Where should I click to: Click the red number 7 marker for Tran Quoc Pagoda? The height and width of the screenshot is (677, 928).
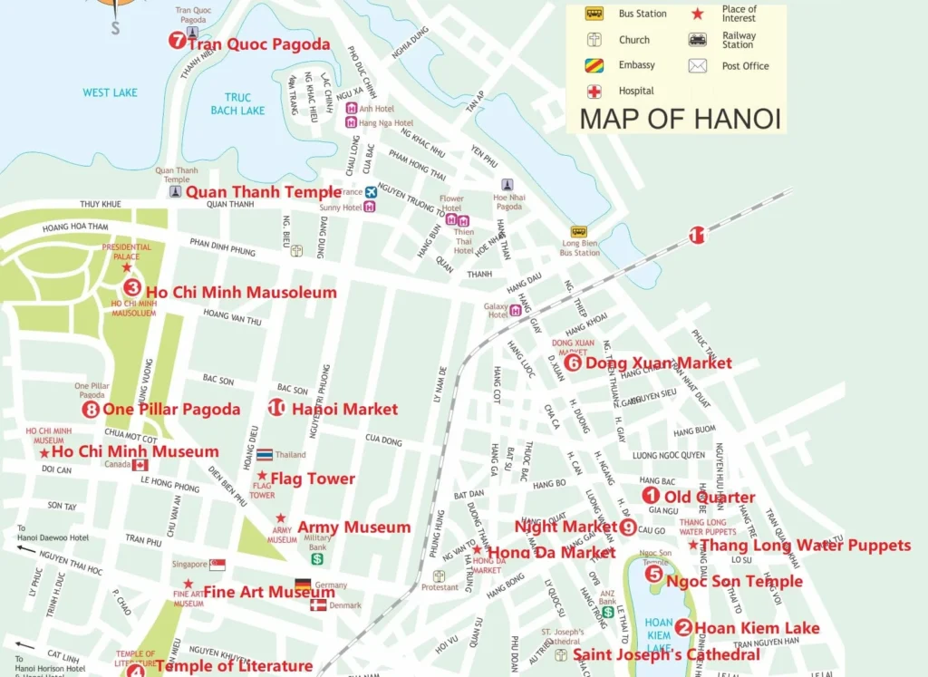click(177, 41)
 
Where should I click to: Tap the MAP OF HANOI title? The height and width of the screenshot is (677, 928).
click(680, 118)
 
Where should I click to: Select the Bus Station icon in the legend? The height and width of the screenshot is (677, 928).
click(594, 14)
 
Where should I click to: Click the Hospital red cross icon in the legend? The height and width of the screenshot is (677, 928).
click(594, 91)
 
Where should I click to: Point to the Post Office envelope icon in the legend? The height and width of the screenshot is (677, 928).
click(697, 65)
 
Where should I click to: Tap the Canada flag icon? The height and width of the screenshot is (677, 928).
click(140, 465)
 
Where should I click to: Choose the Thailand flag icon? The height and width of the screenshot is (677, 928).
click(265, 454)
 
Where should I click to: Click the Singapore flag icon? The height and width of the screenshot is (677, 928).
click(217, 565)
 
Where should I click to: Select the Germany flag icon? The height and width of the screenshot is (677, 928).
click(303, 585)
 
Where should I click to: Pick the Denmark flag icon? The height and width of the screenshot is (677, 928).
click(318, 604)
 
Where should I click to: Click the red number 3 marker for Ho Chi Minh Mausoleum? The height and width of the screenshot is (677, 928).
click(132, 287)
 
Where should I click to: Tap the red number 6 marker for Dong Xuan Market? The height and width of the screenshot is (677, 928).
click(572, 363)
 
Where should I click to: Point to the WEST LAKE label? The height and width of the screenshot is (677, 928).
click(110, 92)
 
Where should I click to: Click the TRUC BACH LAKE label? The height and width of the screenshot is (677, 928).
click(237, 104)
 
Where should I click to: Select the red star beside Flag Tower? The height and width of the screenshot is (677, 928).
click(262, 476)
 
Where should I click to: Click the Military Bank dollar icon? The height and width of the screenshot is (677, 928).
click(317, 559)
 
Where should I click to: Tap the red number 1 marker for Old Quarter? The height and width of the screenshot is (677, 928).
click(651, 496)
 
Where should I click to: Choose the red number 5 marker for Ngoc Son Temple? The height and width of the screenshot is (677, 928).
click(653, 574)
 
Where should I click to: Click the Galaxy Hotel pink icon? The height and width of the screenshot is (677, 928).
click(516, 310)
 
